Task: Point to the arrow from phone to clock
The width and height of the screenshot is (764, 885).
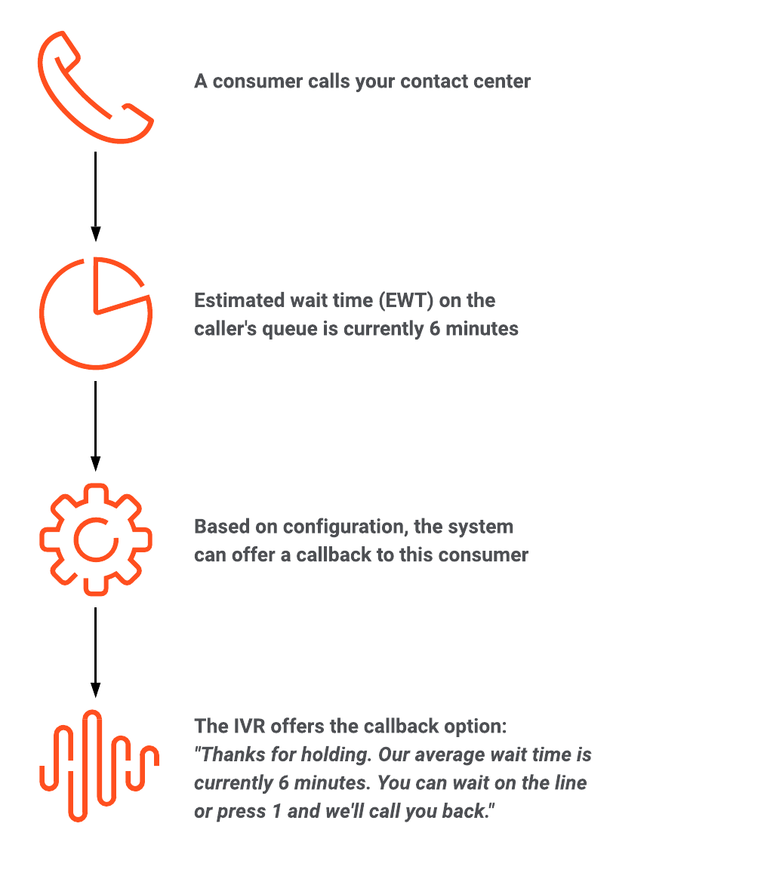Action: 95,196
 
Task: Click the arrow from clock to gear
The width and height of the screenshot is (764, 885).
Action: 95,426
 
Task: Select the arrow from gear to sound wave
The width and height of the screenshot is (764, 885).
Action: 95,653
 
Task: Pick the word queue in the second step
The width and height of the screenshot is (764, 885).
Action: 289,329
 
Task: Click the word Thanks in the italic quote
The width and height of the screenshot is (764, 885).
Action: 233,754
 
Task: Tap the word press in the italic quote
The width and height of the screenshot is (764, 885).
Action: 241,812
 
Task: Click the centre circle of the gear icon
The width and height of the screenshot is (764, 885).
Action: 75,540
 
